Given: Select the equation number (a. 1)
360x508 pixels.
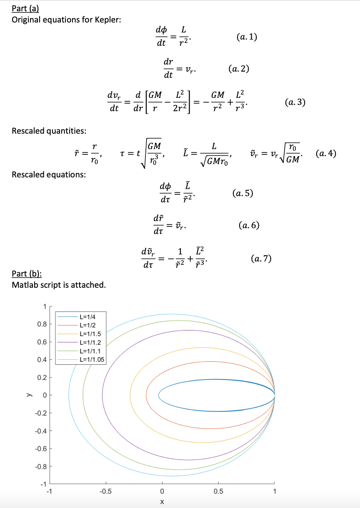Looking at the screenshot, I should pos(246,37).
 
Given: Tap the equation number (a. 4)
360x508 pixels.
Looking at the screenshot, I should pos(326,153).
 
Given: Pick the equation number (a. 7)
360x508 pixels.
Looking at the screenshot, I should pos(261,259).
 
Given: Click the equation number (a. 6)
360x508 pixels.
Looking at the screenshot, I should pos(249,225).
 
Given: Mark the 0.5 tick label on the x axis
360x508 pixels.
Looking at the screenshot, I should pos(218,491).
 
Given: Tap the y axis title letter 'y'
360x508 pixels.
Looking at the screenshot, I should pos(28,395).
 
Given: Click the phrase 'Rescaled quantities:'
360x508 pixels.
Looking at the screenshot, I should pos(49,131).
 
